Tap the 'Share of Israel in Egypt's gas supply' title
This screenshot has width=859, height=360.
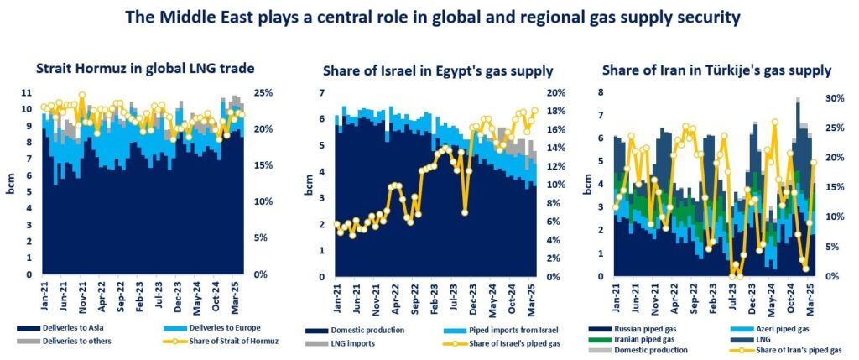coord(430,70)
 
